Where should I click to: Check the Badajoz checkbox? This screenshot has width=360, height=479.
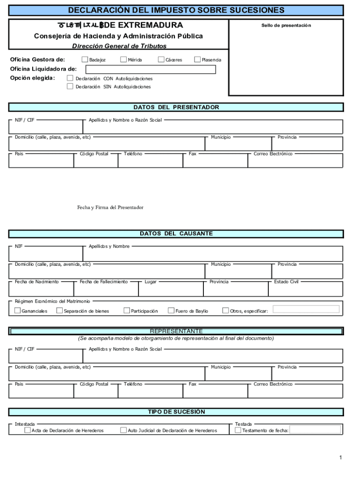click(x=85, y=59)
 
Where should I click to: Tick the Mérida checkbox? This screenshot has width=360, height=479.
click(x=123, y=59)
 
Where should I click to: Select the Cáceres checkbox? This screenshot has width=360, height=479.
click(x=161, y=59)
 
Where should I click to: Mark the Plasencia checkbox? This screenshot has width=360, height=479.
click(x=197, y=59)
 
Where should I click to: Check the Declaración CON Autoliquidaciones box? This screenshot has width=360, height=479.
click(x=70, y=78)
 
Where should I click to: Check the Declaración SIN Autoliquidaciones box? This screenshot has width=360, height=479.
click(x=70, y=86)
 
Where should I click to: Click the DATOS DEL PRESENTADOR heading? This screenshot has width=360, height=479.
click(x=176, y=108)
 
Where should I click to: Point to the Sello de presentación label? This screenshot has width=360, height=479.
click(x=286, y=25)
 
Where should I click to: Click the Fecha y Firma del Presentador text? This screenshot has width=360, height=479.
click(x=110, y=207)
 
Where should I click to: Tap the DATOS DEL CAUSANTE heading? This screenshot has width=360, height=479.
click(x=176, y=234)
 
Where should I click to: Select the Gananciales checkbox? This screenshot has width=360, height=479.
click(x=18, y=311)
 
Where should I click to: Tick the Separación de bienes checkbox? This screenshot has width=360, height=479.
click(x=60, y=311)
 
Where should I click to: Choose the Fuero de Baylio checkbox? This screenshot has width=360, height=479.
click(x=171, y=311)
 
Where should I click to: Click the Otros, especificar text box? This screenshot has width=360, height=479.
click(x=306, y=309)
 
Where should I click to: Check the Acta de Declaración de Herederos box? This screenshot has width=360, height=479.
click(x=28, y=430)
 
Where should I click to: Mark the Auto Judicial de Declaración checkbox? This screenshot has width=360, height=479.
click(x=123, y=430)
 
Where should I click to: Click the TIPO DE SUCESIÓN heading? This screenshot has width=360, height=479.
click(x=176, y=412)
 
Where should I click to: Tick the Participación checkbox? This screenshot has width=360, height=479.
click(x=127, y=311)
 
